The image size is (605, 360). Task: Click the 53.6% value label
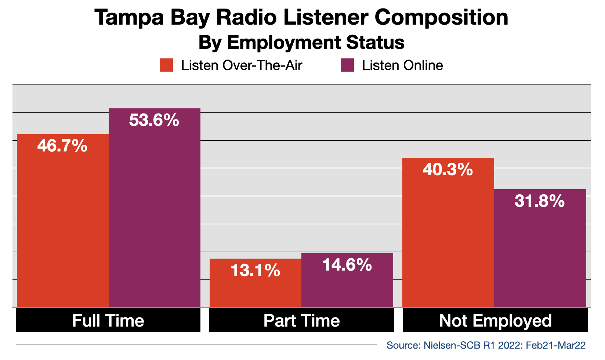click(x=154, y=120)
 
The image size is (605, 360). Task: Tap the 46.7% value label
click(x=62, y=146)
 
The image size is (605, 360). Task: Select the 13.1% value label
click(x=255, y=270)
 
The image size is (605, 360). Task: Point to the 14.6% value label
click(x=347, y=265)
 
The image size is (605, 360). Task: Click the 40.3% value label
click(x=448, y=170)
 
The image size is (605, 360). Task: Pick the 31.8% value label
click(x=539, y=201)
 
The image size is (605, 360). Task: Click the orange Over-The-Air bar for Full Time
click(x=63, y=220)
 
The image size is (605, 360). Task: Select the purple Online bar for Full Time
click(x=155, y=208)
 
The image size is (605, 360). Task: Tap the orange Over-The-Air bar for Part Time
click(x=256, y=283)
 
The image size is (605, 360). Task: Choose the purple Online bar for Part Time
click(x=347, y=280)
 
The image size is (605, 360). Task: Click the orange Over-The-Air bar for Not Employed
click(x=448, y=233)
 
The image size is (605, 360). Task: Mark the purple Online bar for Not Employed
click(x=540, y=248)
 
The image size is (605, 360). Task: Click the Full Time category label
click(x=108, y=321)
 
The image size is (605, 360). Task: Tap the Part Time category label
click(x=301, y=321)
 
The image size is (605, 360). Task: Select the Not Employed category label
click(x=495, y=321)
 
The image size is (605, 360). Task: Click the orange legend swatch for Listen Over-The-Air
click(x=166, y=65)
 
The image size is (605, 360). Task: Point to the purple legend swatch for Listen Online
click(x=347, y=65)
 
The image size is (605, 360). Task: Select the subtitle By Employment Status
click(x=301, y=43)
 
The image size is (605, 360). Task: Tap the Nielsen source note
click(x=486, y=345)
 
